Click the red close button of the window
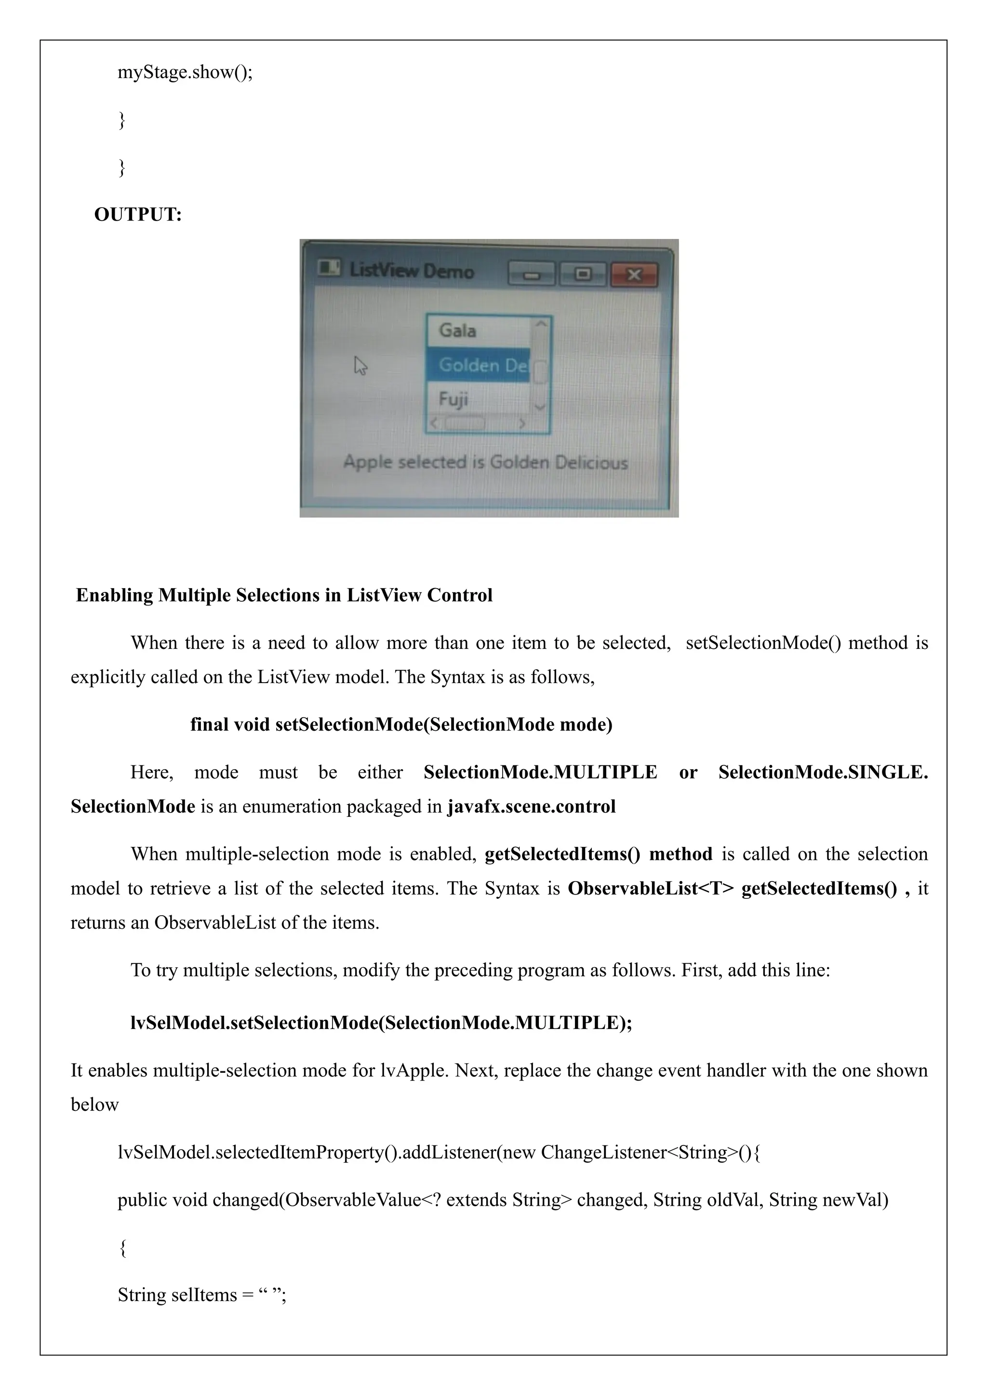click(x=633, y=275)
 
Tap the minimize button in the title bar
click(x=532, y=275)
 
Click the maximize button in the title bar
click(x=583, y=275)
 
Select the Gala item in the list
click(x=458, y=330)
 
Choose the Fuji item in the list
click(x=453, y=399)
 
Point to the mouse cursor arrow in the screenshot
click(x=360, y=365)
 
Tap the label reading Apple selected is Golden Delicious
click(x=485, y=462)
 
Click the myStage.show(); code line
click(x=185, y=72)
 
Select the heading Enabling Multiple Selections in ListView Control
click(x=284, y=595)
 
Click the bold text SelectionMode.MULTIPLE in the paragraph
click(x=540, y=772)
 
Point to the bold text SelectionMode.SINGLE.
click(x=823, y=772)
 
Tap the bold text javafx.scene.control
click(x=532, y=806)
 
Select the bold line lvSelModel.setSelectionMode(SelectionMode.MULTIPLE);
click(x=381, y=1023)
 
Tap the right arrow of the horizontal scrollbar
click(x=522, y=423)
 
